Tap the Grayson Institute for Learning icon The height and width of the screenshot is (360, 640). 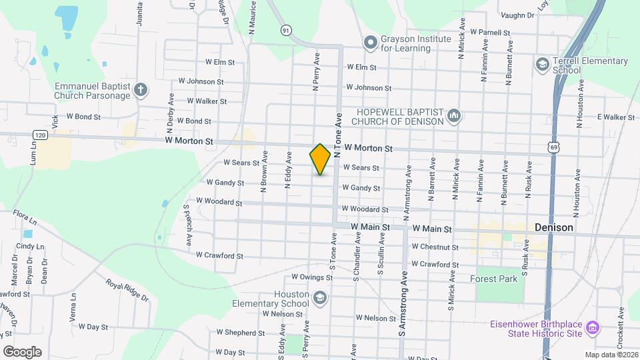pyautogui.click(x=371, y=43)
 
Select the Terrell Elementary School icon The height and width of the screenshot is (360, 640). pyautogui.click(x=542, y=64)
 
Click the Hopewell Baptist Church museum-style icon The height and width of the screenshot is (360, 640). pyautogui.click(x=454, y=116)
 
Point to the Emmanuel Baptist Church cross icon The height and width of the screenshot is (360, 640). pyautogui.click(x=140, y=90)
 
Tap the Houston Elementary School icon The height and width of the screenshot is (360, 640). pyautogui.click(x=320, y=297)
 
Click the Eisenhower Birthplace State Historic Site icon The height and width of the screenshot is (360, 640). pyautogui.click(x=592, y=328)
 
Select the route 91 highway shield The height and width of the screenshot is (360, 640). pyautogui.click(x=286, y=30)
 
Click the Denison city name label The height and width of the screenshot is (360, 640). pyautogui.click(x=554, y=227)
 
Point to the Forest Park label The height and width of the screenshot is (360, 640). pyautogui.click(x=493, y=279)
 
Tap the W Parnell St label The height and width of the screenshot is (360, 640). pyautogui.click(x=490, y=32)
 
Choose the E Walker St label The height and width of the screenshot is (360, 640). pyautogui.click(x=615, y=117)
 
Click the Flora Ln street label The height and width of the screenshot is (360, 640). pyautogui.click(x=23, y=217)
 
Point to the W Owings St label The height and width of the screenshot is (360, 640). pyautogui.click(x=311, y=277)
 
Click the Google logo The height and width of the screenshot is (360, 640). pyautogui.click(x=22, y=351)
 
